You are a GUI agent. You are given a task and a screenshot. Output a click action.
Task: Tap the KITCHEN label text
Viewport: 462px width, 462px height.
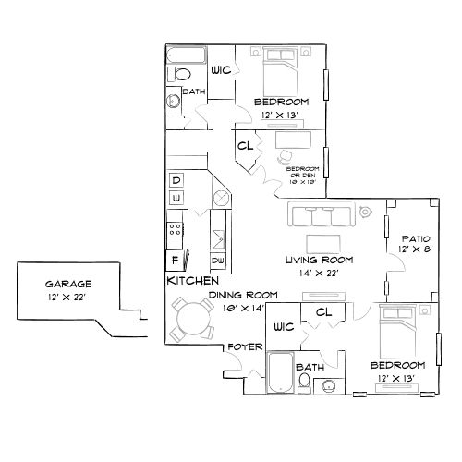pyautogui.click(x=192, y=280)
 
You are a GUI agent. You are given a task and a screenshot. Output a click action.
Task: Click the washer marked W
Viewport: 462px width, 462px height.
pyautogui.click(x=176, y=199)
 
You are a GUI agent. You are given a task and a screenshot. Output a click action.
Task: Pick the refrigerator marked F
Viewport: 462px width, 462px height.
pyautogui.click(x=173, y=260)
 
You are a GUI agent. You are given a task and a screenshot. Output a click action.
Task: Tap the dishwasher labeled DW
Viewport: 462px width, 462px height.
pyautogui.click(x=219, y=261)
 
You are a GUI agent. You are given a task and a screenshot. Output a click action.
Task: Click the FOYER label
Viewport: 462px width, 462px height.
pyautogui.click(x=248, y=347)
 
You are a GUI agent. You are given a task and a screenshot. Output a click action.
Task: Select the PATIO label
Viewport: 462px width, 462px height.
pyautogui.click(x=410, y=237)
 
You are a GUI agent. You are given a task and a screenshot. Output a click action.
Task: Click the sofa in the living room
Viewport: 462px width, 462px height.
pyautogui.click(x=318, y=216)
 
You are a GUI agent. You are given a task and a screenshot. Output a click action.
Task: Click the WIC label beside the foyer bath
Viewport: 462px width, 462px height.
pyautogui.click(x=284, y=327)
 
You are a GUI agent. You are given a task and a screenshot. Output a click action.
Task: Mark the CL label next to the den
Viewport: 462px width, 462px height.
pyautogui.click(x=246, y=146)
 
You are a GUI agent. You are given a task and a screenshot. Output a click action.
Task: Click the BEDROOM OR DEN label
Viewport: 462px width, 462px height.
pyautogui.click(x=301, y=173)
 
